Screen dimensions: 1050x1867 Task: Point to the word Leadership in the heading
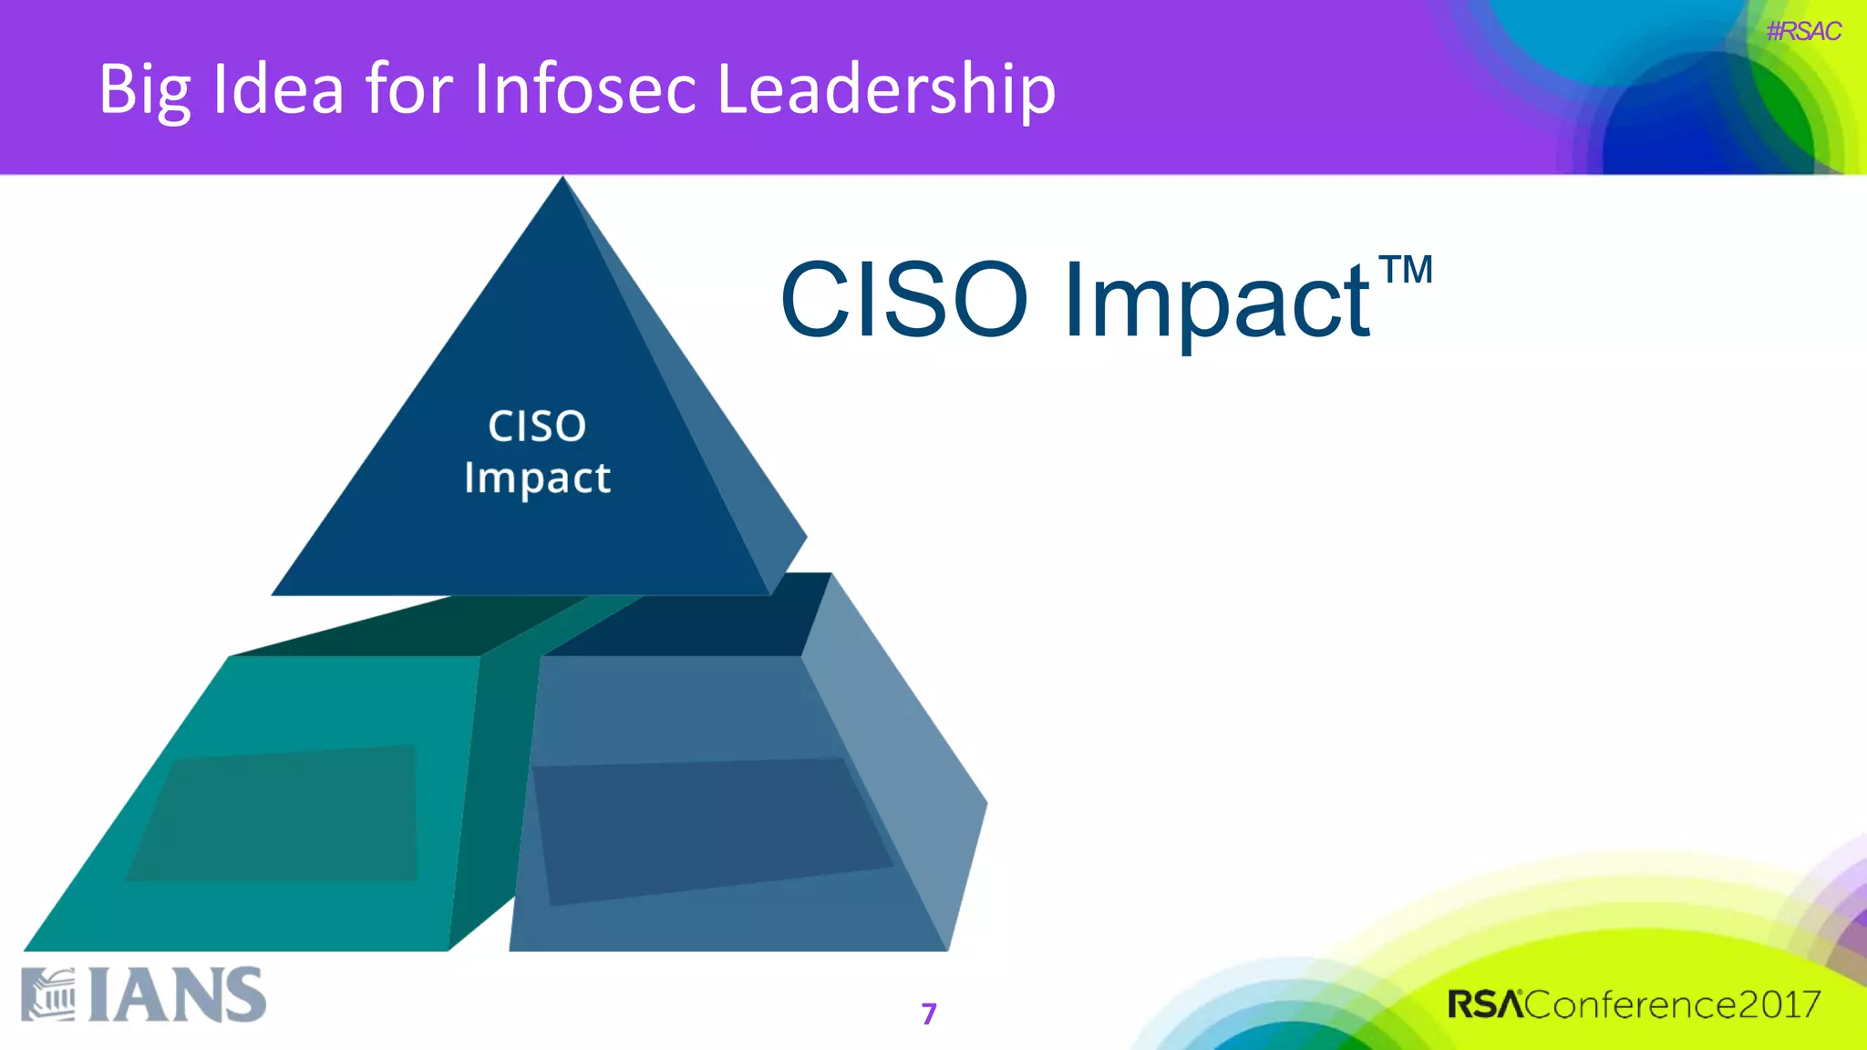coord(886,90)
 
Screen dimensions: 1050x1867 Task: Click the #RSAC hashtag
coord(1802,32)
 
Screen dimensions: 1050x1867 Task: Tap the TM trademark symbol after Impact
coord(1405,271)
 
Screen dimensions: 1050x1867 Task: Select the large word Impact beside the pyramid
coord(1216,302)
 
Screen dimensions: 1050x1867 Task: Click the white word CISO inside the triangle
coord(537,427)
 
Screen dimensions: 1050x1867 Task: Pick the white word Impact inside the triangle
coord(537,479)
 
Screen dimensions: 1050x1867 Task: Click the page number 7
coord(929,1014)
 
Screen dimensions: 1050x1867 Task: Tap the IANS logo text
coord(178,995)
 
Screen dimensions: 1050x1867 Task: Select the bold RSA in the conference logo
coord(1485,1004)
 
